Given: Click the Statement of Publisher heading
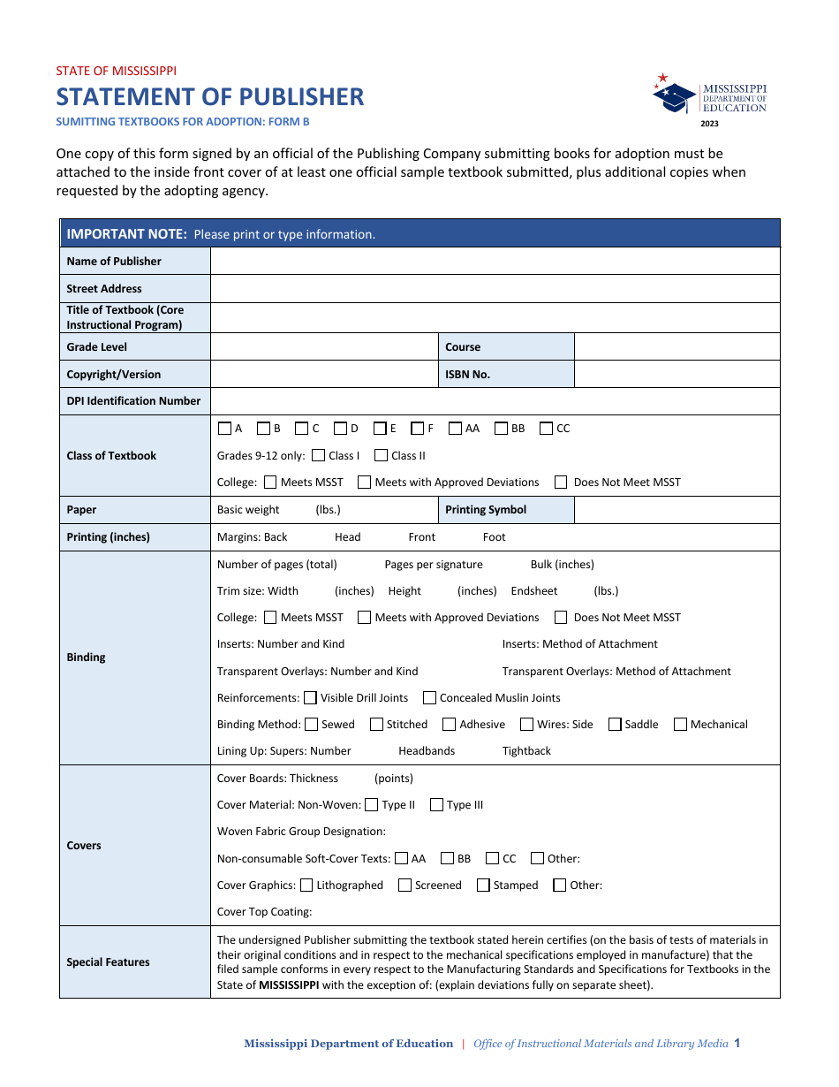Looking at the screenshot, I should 210,97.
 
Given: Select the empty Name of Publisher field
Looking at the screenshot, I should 495,261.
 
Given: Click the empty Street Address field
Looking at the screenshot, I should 495,288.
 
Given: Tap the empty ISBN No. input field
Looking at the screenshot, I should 676,374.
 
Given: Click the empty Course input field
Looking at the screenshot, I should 676,346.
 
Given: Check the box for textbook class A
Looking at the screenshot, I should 224,429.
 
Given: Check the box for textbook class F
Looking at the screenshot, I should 418,429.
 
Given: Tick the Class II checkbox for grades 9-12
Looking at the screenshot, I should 382,456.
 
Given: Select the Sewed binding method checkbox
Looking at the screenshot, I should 311,725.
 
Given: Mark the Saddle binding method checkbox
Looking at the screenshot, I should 615,725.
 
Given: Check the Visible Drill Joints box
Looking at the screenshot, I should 311,698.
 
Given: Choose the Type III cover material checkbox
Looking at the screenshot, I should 436,805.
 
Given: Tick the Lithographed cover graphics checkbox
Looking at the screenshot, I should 306,886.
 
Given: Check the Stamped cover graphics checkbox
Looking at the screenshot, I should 483,886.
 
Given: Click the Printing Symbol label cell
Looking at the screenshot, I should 506,510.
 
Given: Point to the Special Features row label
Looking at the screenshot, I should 108,962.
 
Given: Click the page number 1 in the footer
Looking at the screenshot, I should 737,1043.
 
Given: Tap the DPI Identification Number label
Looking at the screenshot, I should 133,401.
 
